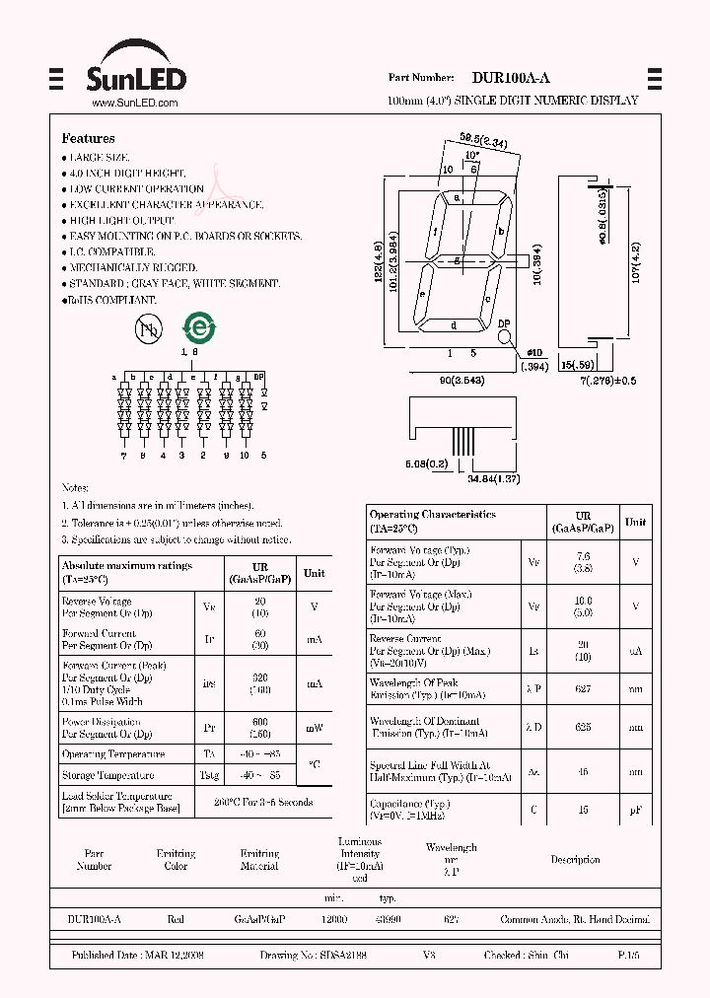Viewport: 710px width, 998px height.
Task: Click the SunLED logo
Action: (x=138, y=71)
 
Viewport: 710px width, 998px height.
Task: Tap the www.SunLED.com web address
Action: (x=134, y=103)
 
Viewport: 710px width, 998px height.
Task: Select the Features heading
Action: (x=88, y=139)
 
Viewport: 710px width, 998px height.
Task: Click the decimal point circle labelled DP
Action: (x=504, y=335)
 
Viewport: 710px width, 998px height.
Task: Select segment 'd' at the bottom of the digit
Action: (x=454, y=325)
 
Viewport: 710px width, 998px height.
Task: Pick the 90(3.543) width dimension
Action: (x=459, y=381)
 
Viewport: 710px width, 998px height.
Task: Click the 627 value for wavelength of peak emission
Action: (x=584, y=688)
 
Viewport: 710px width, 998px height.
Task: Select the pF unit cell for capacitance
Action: (x=636, y=810)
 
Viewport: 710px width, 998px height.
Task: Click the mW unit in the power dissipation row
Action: (x=314, y=728)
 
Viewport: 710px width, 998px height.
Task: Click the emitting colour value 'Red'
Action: (x=176, y=919)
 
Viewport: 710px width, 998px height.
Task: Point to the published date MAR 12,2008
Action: (x=174, y=956)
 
